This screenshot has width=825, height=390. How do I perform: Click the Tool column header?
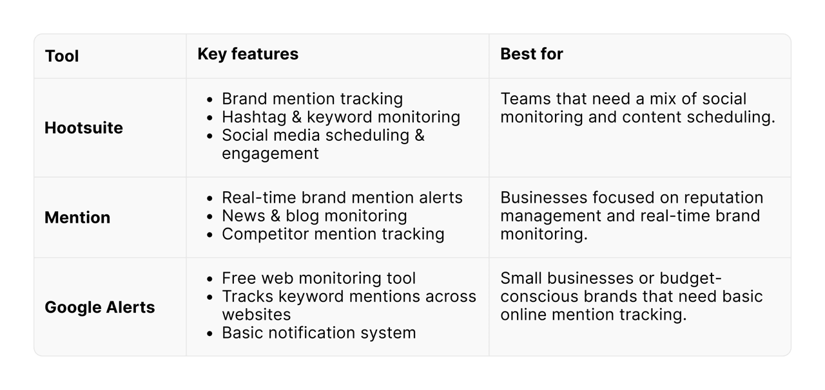click(62, 56)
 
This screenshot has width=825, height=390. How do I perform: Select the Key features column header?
click(247, 54)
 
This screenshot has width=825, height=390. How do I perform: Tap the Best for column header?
click(531, 54)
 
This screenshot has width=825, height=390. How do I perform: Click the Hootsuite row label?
click(83, 128)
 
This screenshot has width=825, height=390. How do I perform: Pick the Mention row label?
click(77, 218)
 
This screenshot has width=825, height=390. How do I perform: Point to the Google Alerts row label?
click(99, 308)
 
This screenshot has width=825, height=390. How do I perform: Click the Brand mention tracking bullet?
click(312, 99)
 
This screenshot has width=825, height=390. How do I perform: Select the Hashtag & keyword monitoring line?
click(341, 117)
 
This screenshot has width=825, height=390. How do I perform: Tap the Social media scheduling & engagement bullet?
click(323, 144)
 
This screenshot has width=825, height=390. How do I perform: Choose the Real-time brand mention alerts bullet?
click(342, 198)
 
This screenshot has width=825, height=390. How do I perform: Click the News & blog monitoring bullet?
click(314, 216)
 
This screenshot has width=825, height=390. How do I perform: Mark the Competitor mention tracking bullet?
click(333, 234)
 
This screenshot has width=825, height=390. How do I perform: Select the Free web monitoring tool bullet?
click(318, 278)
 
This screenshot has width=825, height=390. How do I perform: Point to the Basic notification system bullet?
click(318, 333)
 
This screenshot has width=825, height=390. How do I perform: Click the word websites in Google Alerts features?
click(257, 315)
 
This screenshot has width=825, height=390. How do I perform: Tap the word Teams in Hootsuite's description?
click(523, 99)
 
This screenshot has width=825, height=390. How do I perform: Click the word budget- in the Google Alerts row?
click(690, 278)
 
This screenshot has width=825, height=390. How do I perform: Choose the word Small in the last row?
click(520, 278)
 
